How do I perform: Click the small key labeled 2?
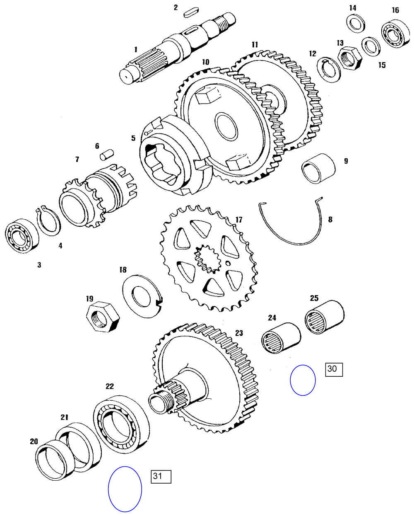click(x=189, y=13)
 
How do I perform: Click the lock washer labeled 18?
click(x=142, y=296)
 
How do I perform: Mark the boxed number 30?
click(x=334, y=369)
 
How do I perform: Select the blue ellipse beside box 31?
click(x=125, y=489)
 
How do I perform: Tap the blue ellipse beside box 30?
click(x=303, y=380)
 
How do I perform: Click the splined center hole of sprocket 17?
click(x=207, y=259)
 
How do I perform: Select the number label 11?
click(x=254, y=44)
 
